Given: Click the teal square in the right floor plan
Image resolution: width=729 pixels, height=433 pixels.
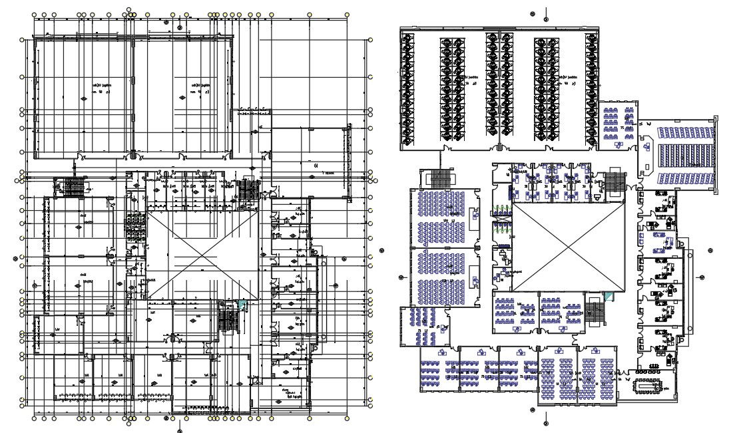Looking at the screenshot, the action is [x=607, y=295].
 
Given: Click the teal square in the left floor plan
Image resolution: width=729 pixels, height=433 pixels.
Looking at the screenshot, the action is [x=244, y=304].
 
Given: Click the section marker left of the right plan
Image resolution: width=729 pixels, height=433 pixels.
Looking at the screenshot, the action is [x=401, y=277].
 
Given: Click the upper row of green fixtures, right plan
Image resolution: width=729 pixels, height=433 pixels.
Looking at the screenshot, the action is [x=502, y=211].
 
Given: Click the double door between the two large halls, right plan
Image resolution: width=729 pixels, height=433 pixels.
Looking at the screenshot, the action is [x=499, y=147].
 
